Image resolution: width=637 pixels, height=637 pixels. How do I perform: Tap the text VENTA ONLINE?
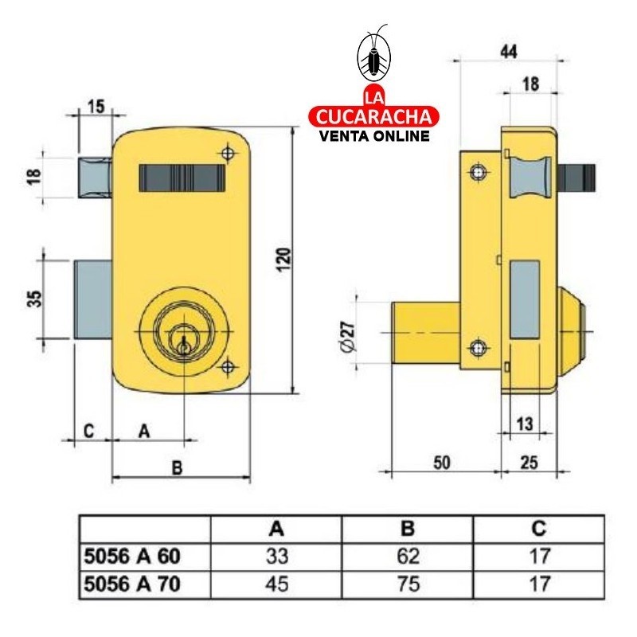[x=373, y=135]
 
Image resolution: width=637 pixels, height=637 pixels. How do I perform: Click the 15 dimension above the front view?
[x=96, y=107]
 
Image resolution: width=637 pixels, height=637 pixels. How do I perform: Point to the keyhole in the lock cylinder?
[x=185, y=343]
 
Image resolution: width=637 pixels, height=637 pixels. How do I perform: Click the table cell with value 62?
[x=408, y=556]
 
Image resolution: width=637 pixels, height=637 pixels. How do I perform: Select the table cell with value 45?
[x=276, y=584]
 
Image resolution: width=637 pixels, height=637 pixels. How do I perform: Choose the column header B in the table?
[x=408, y=529]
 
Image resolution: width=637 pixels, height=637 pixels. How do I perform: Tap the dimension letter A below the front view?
[x=143, y=431]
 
